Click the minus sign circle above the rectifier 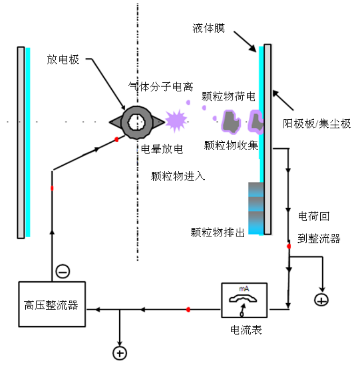[x=62, y=271]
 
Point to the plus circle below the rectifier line [x=120, y=353]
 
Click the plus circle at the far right [x=321, y=299]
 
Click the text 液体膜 [x=209, y=28]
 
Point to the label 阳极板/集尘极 [x=317, y=124]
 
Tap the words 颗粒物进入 [x=172, y=176]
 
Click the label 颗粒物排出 [x=218, y=233]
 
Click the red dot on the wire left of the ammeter [x=188, y=309]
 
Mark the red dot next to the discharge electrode [x=116, y=139]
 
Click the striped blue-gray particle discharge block [x=256, y=208]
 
